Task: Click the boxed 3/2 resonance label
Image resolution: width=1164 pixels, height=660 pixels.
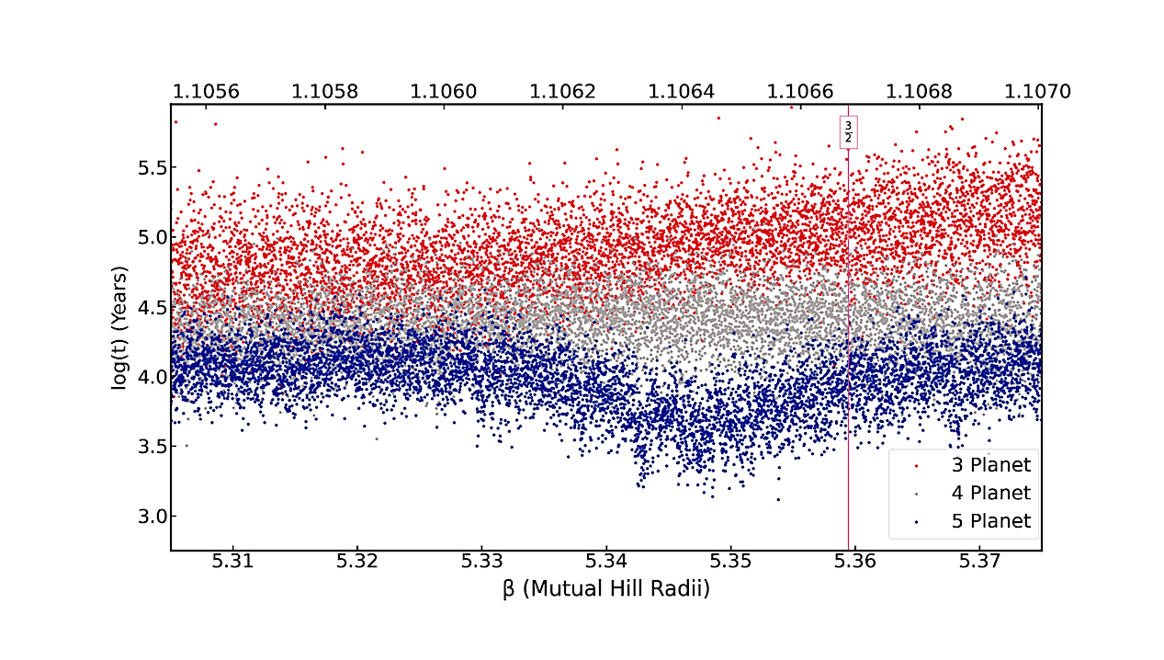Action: (848, 131)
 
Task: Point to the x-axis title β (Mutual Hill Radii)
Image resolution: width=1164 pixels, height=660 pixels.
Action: (606, 589)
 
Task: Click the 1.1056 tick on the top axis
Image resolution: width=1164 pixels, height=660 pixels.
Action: (206, 91)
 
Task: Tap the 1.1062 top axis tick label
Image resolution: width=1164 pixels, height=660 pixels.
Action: (562, 91)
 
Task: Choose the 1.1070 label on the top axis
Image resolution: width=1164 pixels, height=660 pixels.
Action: (1036, 91)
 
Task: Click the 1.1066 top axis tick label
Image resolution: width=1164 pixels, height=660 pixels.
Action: (800, 91)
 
